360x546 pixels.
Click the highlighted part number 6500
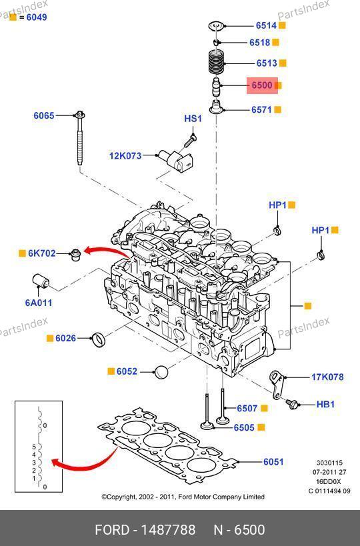click(262, 85)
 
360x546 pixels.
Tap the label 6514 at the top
click(266, 25)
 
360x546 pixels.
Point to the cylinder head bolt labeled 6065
click(80, 139)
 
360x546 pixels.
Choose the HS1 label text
click(193, 119)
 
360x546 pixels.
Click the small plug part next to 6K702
click(75, 255)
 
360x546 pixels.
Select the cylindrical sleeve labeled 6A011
click(41, 281)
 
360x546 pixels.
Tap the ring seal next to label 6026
click(98, 339)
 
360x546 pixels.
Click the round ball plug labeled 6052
click(161, 372)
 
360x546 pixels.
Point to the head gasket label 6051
click(273, 462)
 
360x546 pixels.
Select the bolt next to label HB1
click(291, 404)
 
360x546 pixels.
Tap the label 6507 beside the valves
click(247, 409)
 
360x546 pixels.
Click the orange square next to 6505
click(261, 427)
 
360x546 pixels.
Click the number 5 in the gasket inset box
click(34, 447)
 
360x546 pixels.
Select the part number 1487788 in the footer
click(168, 530)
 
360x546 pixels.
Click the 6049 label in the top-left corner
click(37, 17)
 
